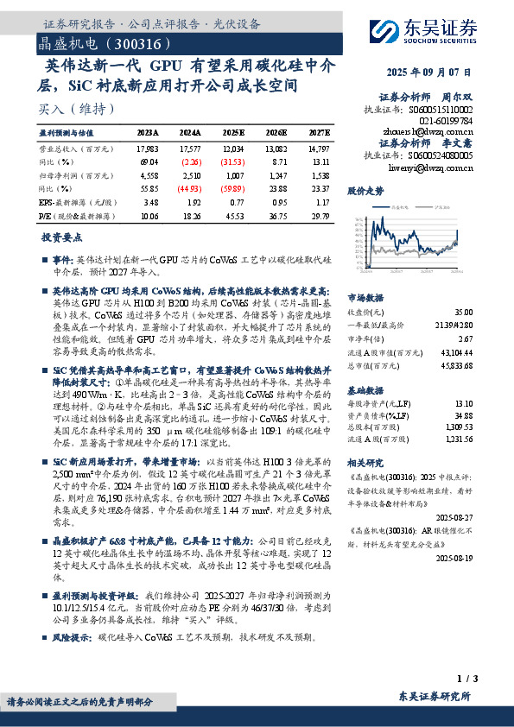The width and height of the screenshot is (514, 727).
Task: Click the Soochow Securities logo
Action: point(424,32)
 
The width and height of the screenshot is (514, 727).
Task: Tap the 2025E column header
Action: point(233,133)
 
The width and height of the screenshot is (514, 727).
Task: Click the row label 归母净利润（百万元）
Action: point(68,175)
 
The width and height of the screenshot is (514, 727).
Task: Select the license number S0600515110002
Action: point(441,111)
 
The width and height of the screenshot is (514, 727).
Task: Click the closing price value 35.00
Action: point(462,311)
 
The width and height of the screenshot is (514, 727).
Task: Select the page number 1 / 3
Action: point(462,680)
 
